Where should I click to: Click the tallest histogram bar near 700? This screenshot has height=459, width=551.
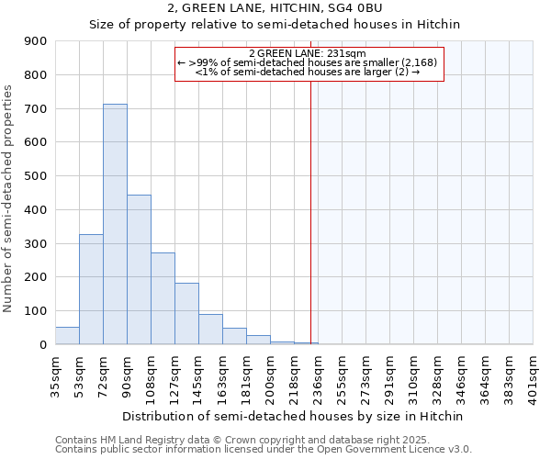[x=115, y=224]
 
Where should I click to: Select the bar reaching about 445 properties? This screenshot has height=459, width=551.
[x=139, y=270]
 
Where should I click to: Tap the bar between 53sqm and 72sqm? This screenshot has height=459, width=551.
[x=91, y=289]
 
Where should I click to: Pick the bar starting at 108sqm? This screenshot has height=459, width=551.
[x=163, y=298]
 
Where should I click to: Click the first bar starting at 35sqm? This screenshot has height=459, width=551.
[x=67, y=336]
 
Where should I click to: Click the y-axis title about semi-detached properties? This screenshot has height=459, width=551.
[x=9, y=198]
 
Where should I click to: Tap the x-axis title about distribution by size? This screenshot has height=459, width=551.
[x=292, y=416]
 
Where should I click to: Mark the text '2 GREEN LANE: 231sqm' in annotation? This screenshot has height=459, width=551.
[x=308, y=53]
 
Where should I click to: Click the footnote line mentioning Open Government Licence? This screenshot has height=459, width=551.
[x=264, y=450]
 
